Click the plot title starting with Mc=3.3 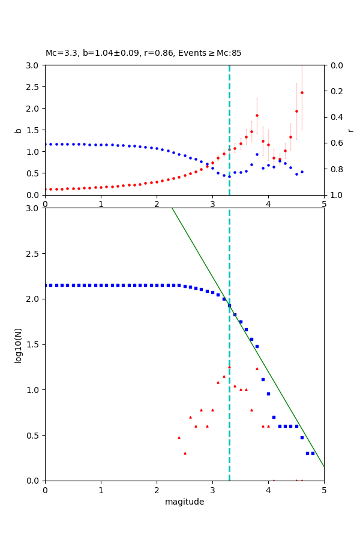143,53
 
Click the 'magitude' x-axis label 184,502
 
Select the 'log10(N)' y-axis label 18,344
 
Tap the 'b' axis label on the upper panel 18,130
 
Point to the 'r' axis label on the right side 350,130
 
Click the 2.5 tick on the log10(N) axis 34,254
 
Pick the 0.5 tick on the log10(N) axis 34,436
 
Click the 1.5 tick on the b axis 34,130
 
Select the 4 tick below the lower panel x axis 268,490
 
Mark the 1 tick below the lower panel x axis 101,490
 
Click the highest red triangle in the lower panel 229,367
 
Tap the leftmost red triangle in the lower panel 179,437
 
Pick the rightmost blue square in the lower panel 313,453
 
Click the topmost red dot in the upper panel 302,92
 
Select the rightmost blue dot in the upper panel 302,172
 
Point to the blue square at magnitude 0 46,285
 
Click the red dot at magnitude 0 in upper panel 46,189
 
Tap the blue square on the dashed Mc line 229,305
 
